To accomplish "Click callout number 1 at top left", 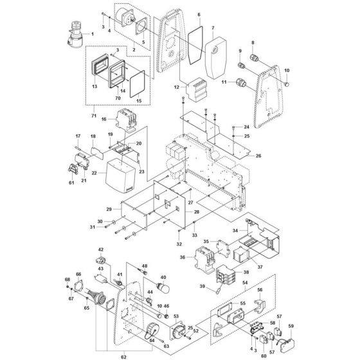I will (91, 33).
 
